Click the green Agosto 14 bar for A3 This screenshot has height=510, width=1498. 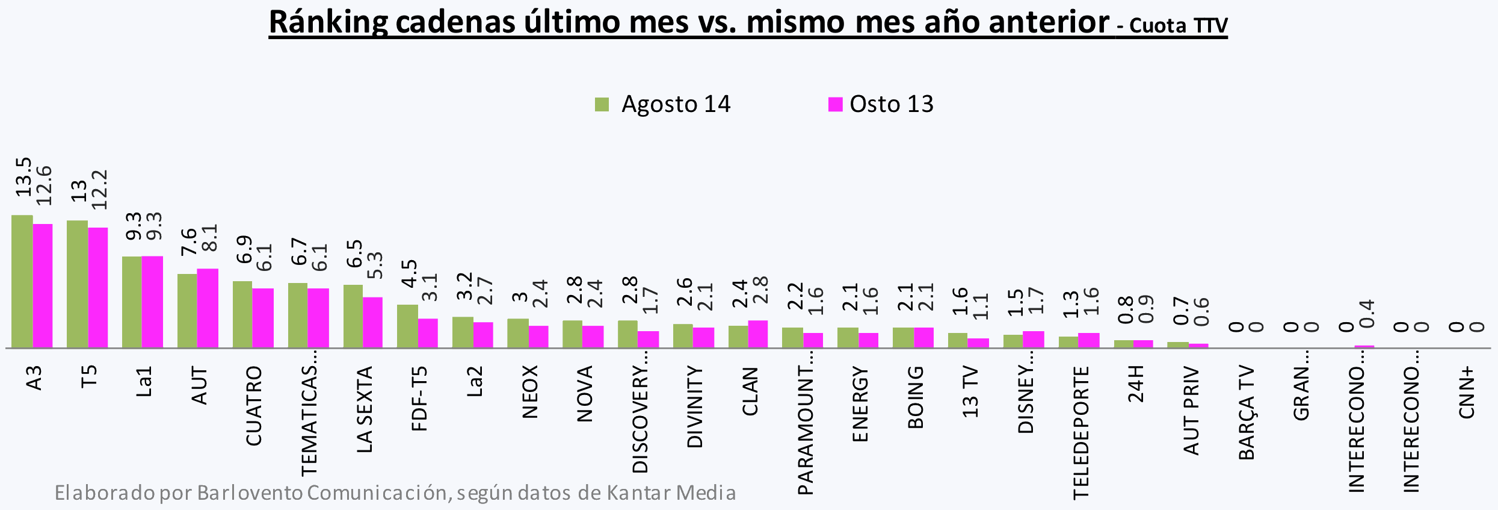click(22, 281)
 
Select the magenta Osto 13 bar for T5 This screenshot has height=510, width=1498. click(98, 287)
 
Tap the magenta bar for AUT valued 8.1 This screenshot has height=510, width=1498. click(208, 308)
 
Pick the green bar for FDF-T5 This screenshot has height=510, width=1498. click(407, 326)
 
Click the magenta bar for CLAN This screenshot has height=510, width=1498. click(758, 334)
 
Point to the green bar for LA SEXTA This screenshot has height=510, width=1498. click(353, 316)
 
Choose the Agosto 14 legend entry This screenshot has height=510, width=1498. click(662, 104)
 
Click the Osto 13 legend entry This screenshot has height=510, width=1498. click(881, 104)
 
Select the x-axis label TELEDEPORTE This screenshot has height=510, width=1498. click(1081, 432)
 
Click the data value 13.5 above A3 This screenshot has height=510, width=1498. click(23, 177)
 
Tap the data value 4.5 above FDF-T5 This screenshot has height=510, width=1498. click(409, 273)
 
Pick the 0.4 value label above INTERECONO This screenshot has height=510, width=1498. click(1367, 314)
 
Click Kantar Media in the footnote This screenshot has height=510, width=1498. click(671, 493)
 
